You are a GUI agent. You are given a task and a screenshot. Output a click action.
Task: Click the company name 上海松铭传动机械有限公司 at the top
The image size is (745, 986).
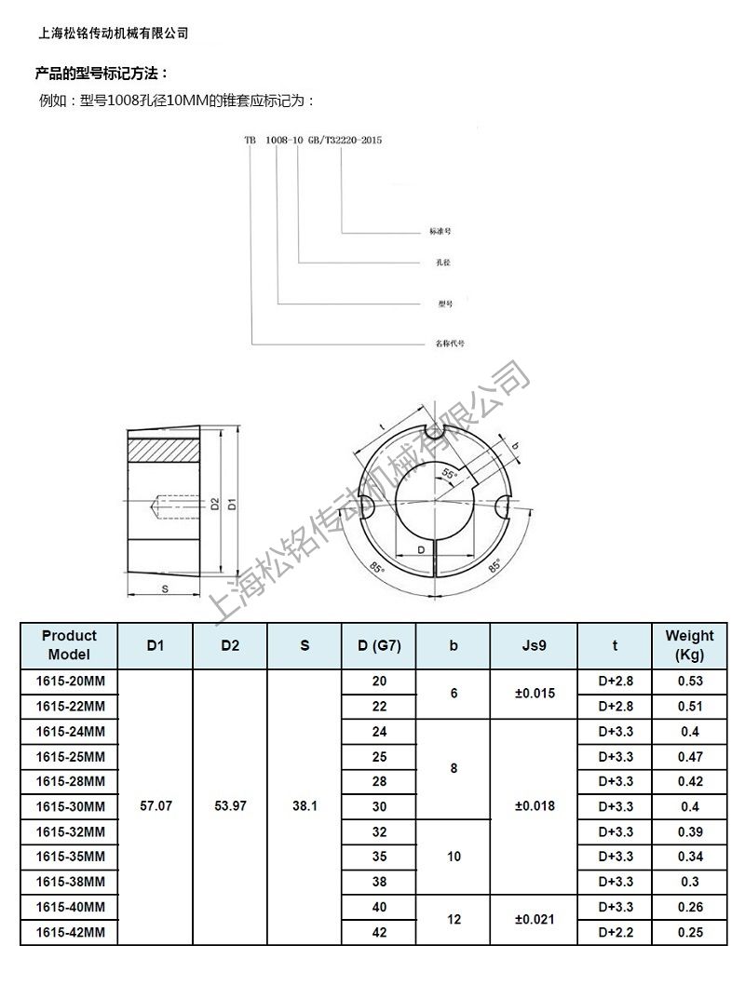[x=113, y=33]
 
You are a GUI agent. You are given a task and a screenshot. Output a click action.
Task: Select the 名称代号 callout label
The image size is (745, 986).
[x=451, y=343]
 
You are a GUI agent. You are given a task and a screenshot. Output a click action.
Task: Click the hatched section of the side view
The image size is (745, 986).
[x=164, y=449]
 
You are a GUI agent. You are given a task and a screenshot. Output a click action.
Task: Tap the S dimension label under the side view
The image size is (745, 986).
[x=164, y=588]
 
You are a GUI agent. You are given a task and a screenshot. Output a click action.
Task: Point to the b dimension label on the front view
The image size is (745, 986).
[x=516, y=445]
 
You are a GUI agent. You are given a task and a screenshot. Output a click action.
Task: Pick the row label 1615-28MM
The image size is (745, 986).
[x=70, y=781]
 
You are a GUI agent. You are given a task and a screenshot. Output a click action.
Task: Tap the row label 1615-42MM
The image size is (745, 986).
[x=70, y=932]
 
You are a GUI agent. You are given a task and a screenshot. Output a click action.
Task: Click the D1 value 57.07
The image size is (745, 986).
[x=156, y=806]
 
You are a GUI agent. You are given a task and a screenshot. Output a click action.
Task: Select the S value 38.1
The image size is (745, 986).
[x=305, y=806]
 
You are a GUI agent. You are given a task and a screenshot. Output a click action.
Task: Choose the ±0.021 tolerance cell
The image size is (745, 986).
[x=535, y=919]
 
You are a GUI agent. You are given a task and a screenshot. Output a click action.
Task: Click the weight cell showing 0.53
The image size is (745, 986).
[x=689, y=682]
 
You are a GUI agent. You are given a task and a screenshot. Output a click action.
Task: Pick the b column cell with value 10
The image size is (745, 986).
[x=454, y=857]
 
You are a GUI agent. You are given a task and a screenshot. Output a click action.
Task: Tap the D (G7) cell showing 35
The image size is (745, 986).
[x=379, y=857]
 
